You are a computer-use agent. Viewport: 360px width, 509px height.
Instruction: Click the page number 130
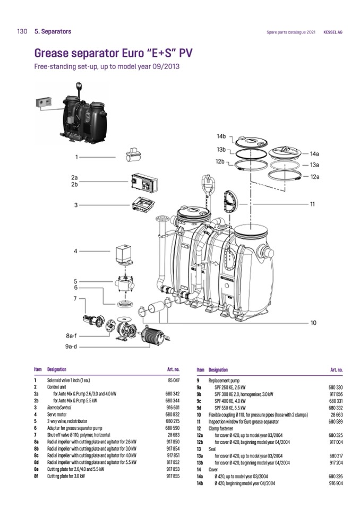pyautogui.click(x=22, y=31)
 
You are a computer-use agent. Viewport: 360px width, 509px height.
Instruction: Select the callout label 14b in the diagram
pyautogui.click(x=220, y=137)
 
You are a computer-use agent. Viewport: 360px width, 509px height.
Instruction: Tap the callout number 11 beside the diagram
pyautogui.click(x=313, y=203)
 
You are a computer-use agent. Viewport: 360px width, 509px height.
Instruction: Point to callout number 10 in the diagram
pyautogui.click(x=313, y=322)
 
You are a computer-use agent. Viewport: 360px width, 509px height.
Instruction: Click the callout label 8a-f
pyautogui.click(x=71, y=335)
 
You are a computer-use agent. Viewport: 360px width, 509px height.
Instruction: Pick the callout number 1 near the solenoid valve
pyautogui.click(x=77, y=157)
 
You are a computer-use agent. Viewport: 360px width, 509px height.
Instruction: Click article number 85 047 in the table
pyautogui.click(x=174, y=381)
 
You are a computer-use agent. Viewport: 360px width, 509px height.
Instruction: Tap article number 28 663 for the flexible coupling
pyautogui.click(x=336, y=414)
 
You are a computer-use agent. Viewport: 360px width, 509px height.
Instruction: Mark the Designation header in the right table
pyautogui.click(x=218, y=369)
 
